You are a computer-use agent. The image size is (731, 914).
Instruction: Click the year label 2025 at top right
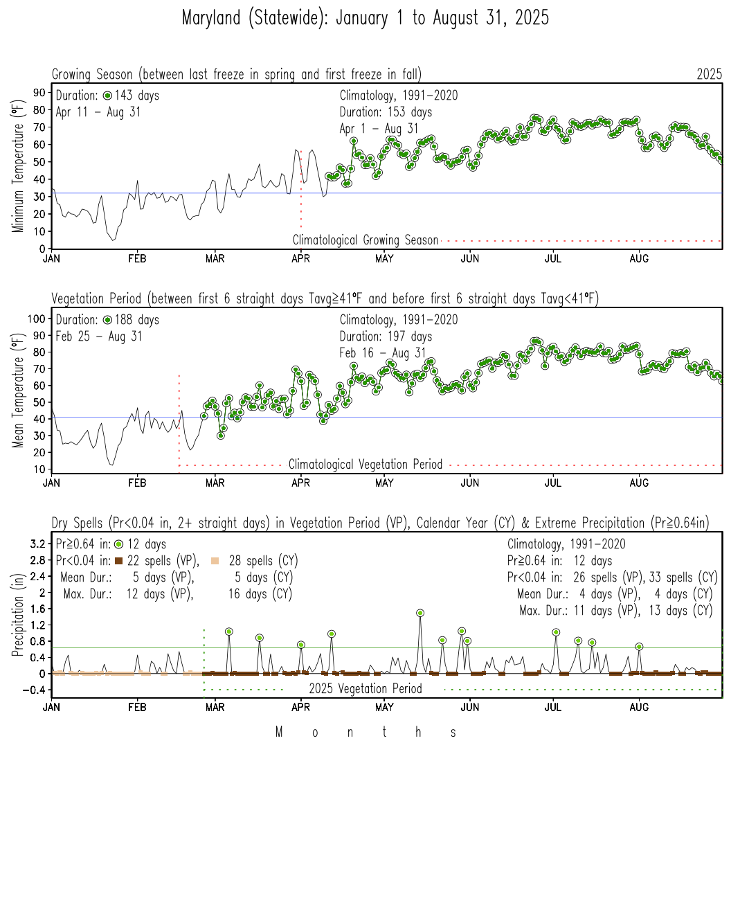coord(709,74)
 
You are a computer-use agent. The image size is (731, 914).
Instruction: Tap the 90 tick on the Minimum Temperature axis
coord(39,93)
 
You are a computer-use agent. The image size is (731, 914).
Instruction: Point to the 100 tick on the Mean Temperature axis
coord(37,319)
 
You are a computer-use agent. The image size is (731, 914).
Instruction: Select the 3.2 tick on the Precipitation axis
coord(38,544)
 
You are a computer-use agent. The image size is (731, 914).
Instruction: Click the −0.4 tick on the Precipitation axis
coord(34,690)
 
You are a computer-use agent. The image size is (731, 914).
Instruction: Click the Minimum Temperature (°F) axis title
coord(18,165)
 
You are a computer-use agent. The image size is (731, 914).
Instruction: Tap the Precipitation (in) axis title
coord(18,614)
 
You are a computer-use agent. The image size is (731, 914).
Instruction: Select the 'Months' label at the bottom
coord(365,732)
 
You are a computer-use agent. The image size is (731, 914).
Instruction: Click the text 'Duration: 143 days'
coord(107,96)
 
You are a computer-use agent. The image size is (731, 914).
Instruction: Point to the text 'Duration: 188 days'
coord(107,320)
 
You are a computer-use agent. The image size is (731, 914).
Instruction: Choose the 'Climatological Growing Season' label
coord(365,240)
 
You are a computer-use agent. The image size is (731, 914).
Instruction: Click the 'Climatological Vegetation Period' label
coord(365,465)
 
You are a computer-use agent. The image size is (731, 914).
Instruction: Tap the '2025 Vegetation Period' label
coord(365,689)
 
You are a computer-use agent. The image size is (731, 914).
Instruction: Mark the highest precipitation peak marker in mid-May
coord(420,613)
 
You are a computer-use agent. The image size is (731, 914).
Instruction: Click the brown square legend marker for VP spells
coord(118,561)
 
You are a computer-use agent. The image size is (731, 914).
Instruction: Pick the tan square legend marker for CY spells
coord(215,561)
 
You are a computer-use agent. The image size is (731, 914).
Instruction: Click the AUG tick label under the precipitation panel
coord(639,707)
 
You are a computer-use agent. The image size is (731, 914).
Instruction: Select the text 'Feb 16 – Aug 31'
coord(383,353)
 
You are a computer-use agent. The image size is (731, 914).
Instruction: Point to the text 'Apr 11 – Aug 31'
coord(98,112)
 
